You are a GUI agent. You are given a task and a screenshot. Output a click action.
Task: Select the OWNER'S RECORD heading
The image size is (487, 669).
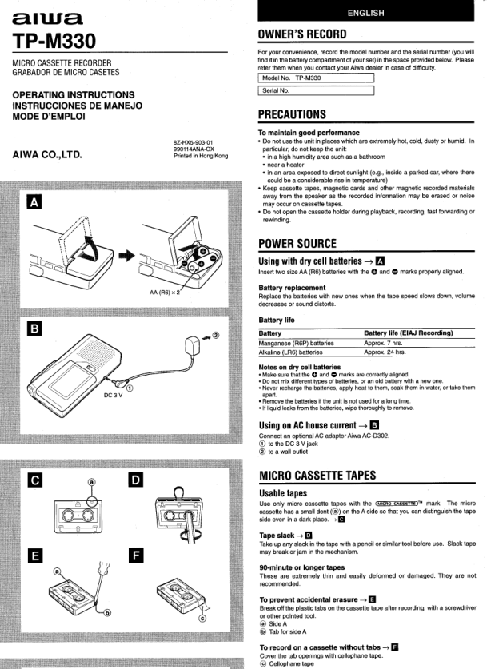303,34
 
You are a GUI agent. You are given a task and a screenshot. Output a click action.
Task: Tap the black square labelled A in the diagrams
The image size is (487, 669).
34,203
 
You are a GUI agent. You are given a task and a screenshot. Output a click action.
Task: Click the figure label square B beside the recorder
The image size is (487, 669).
34,329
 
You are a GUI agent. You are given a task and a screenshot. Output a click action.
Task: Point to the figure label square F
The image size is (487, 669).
137,555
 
